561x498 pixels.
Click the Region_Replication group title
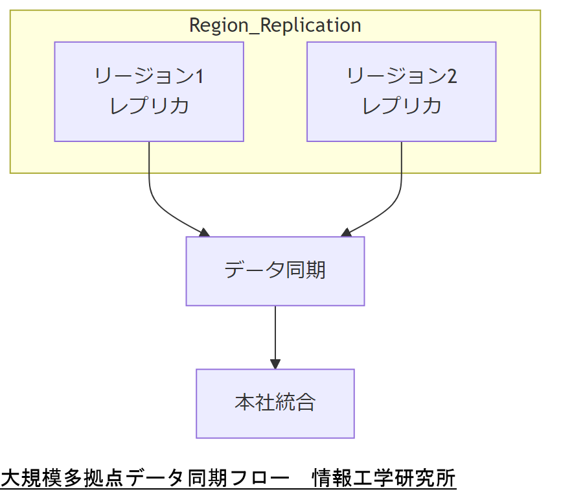275,25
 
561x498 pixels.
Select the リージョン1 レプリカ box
149,91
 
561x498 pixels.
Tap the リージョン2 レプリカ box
401,91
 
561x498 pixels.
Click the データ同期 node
275,270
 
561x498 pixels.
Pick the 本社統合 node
275,403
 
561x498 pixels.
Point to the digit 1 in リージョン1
199,77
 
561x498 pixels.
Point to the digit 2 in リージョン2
452,77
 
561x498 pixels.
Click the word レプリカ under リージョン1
149,106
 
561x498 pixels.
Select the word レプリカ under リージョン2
402,106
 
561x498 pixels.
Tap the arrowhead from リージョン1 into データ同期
204,232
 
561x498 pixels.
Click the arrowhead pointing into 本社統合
275,364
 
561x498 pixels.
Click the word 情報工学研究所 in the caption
384,479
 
